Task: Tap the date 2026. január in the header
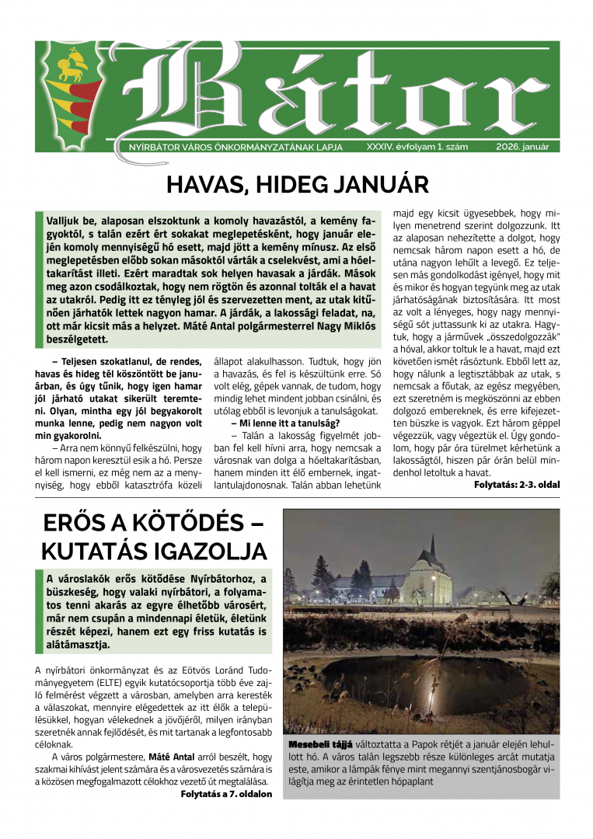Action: point(522,145)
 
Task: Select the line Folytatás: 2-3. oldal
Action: point(516,485)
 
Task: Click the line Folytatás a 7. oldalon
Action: point(226,794)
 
